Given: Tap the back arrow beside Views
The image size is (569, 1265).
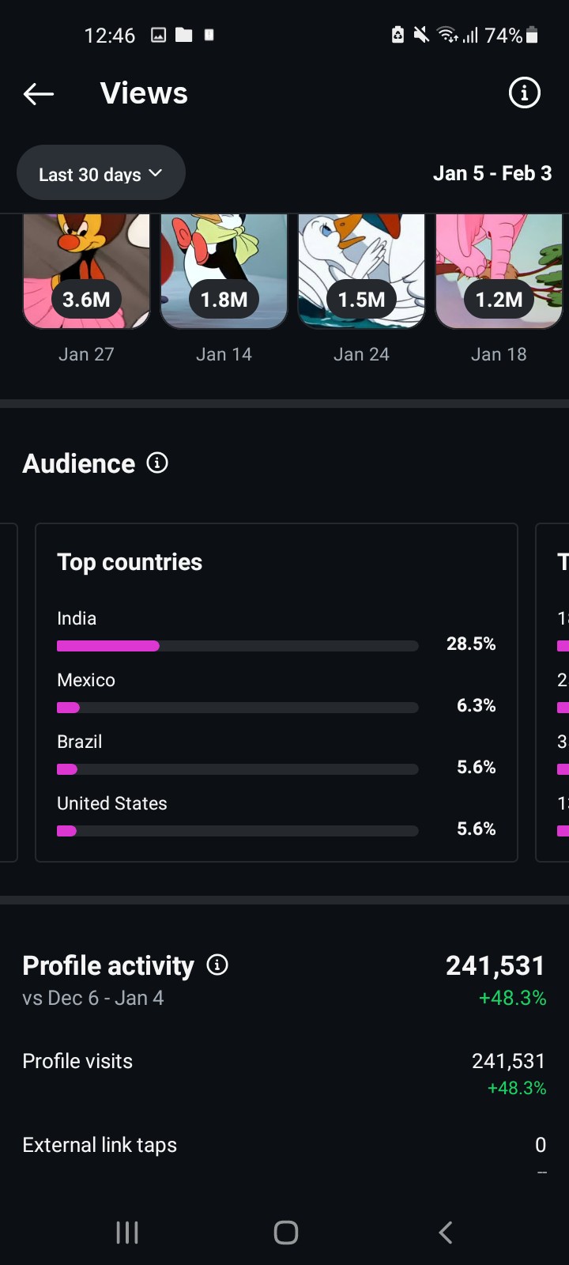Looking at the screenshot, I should [39, 94].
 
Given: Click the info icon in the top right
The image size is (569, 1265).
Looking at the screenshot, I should [524, 93].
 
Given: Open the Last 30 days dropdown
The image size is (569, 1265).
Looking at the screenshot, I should [100, 174].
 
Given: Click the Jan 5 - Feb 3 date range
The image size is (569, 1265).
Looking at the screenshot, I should [492, 173].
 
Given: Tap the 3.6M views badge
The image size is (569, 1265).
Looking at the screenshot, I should [86, 300].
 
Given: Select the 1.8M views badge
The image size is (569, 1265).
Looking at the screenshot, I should [224, 300].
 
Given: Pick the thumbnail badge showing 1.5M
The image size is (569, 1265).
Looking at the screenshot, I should [361, 300].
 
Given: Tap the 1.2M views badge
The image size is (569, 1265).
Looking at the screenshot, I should [499, 300].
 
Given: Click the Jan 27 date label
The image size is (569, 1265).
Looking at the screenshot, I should [86, 354].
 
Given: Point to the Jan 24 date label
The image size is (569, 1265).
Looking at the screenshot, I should [361, 354].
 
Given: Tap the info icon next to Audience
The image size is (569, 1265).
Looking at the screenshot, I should [157, 463].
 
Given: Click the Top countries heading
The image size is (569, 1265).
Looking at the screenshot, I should [130, 562].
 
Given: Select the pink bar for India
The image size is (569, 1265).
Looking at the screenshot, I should [108, 646].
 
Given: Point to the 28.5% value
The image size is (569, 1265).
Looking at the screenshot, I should [471, 644].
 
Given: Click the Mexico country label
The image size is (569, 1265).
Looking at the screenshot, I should [86, 680].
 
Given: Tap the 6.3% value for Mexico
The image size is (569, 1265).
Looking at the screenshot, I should [476, 705].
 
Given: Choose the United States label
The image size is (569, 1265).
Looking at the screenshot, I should [112, 803].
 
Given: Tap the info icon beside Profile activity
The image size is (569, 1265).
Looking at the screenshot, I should [217, 965].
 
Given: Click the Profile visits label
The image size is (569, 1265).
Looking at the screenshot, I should [77, 1061].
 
